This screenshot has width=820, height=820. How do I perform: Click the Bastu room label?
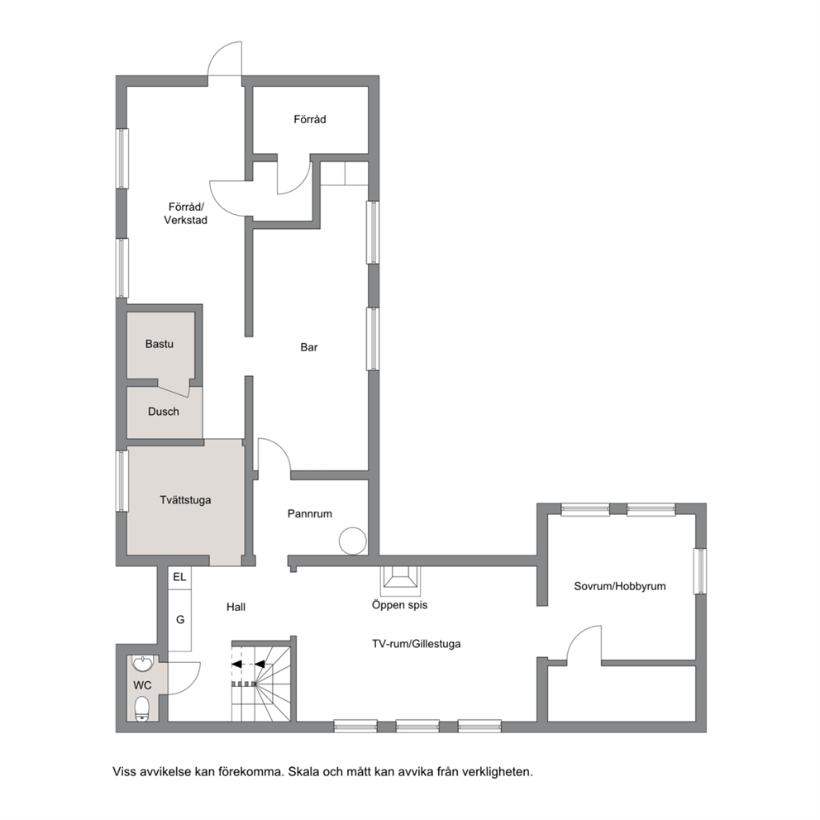[160, 344]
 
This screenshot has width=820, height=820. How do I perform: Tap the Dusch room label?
[164, 412]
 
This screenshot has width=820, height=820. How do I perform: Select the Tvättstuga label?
[186, 500]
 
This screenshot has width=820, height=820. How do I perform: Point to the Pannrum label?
[310, 513]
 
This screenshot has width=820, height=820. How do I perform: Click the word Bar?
[309, 347]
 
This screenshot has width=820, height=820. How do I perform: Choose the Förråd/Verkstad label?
[186, 213]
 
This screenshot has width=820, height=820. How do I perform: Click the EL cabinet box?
[180, 577]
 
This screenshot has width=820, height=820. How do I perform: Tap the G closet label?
[180, 620]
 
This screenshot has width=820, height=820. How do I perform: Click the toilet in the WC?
[141, 709]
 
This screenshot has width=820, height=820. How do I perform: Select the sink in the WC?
[143, 664]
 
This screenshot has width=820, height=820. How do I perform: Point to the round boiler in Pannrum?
[352, 541]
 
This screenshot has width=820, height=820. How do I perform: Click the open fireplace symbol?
[400, 581]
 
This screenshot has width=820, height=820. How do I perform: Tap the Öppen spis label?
[399, 605]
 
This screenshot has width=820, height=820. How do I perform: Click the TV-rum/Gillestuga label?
[417, 644]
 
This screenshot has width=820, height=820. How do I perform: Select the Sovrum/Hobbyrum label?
[620, 586]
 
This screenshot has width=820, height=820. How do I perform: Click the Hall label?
[236, 608]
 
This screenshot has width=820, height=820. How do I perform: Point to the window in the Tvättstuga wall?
[122, 480]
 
